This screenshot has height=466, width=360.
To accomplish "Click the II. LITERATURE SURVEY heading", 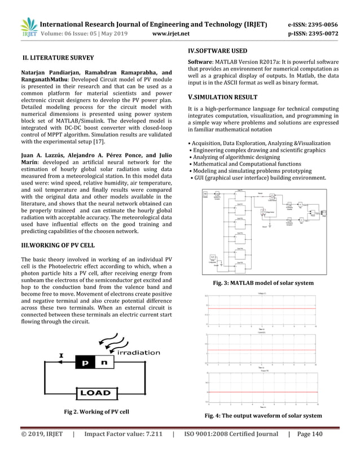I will click(58, 58).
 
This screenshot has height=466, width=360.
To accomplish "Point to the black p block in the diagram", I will click(85, 364).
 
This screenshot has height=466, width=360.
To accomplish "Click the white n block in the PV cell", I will click(105, 364).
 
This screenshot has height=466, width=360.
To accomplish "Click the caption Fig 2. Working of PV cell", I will click(96, 412).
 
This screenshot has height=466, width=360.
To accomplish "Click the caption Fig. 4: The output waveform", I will click(263, 416).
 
